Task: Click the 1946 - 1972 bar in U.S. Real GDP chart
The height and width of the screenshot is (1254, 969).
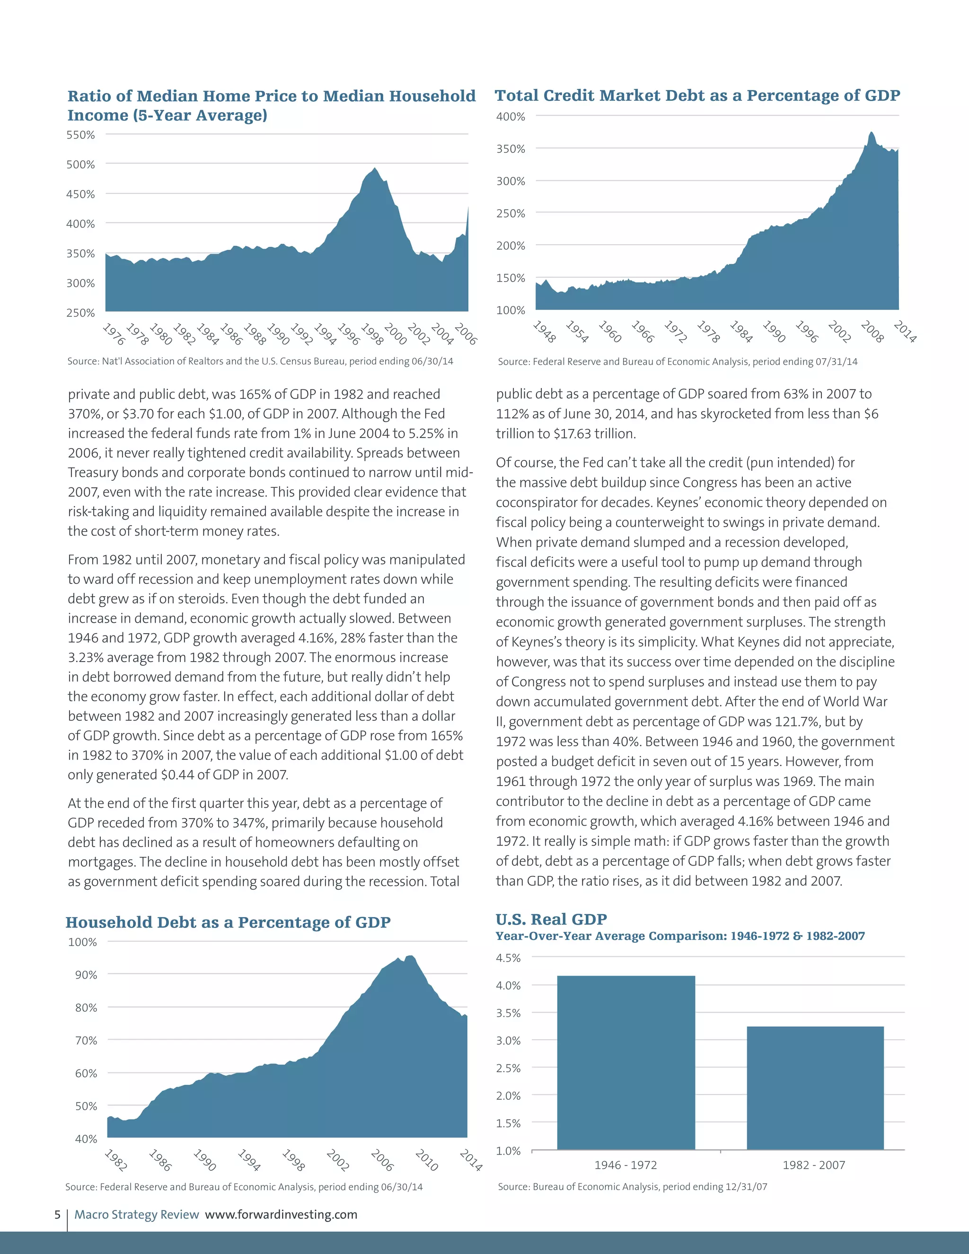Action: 625,1062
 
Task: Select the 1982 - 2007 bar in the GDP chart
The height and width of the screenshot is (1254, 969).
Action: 815,1087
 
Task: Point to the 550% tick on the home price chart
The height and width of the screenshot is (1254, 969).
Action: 80,135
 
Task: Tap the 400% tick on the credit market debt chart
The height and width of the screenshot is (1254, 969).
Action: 511,116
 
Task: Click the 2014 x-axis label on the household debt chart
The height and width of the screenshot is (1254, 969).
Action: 471,1160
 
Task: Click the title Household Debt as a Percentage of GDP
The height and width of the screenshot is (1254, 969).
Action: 228,923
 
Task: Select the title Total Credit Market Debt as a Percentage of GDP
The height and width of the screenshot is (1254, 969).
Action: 697,95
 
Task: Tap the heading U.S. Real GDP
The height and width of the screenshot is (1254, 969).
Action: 551,919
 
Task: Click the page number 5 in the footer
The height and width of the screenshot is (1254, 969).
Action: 57,1214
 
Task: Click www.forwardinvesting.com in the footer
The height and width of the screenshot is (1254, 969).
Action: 281,1214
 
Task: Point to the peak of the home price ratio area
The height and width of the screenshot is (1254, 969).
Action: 375,168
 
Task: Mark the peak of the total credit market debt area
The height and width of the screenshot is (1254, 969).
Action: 872,132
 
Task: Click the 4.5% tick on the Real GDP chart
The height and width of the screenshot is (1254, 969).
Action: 508,958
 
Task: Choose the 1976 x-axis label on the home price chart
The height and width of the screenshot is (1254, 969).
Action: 114,334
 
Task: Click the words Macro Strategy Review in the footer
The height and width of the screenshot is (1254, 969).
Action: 137,1214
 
